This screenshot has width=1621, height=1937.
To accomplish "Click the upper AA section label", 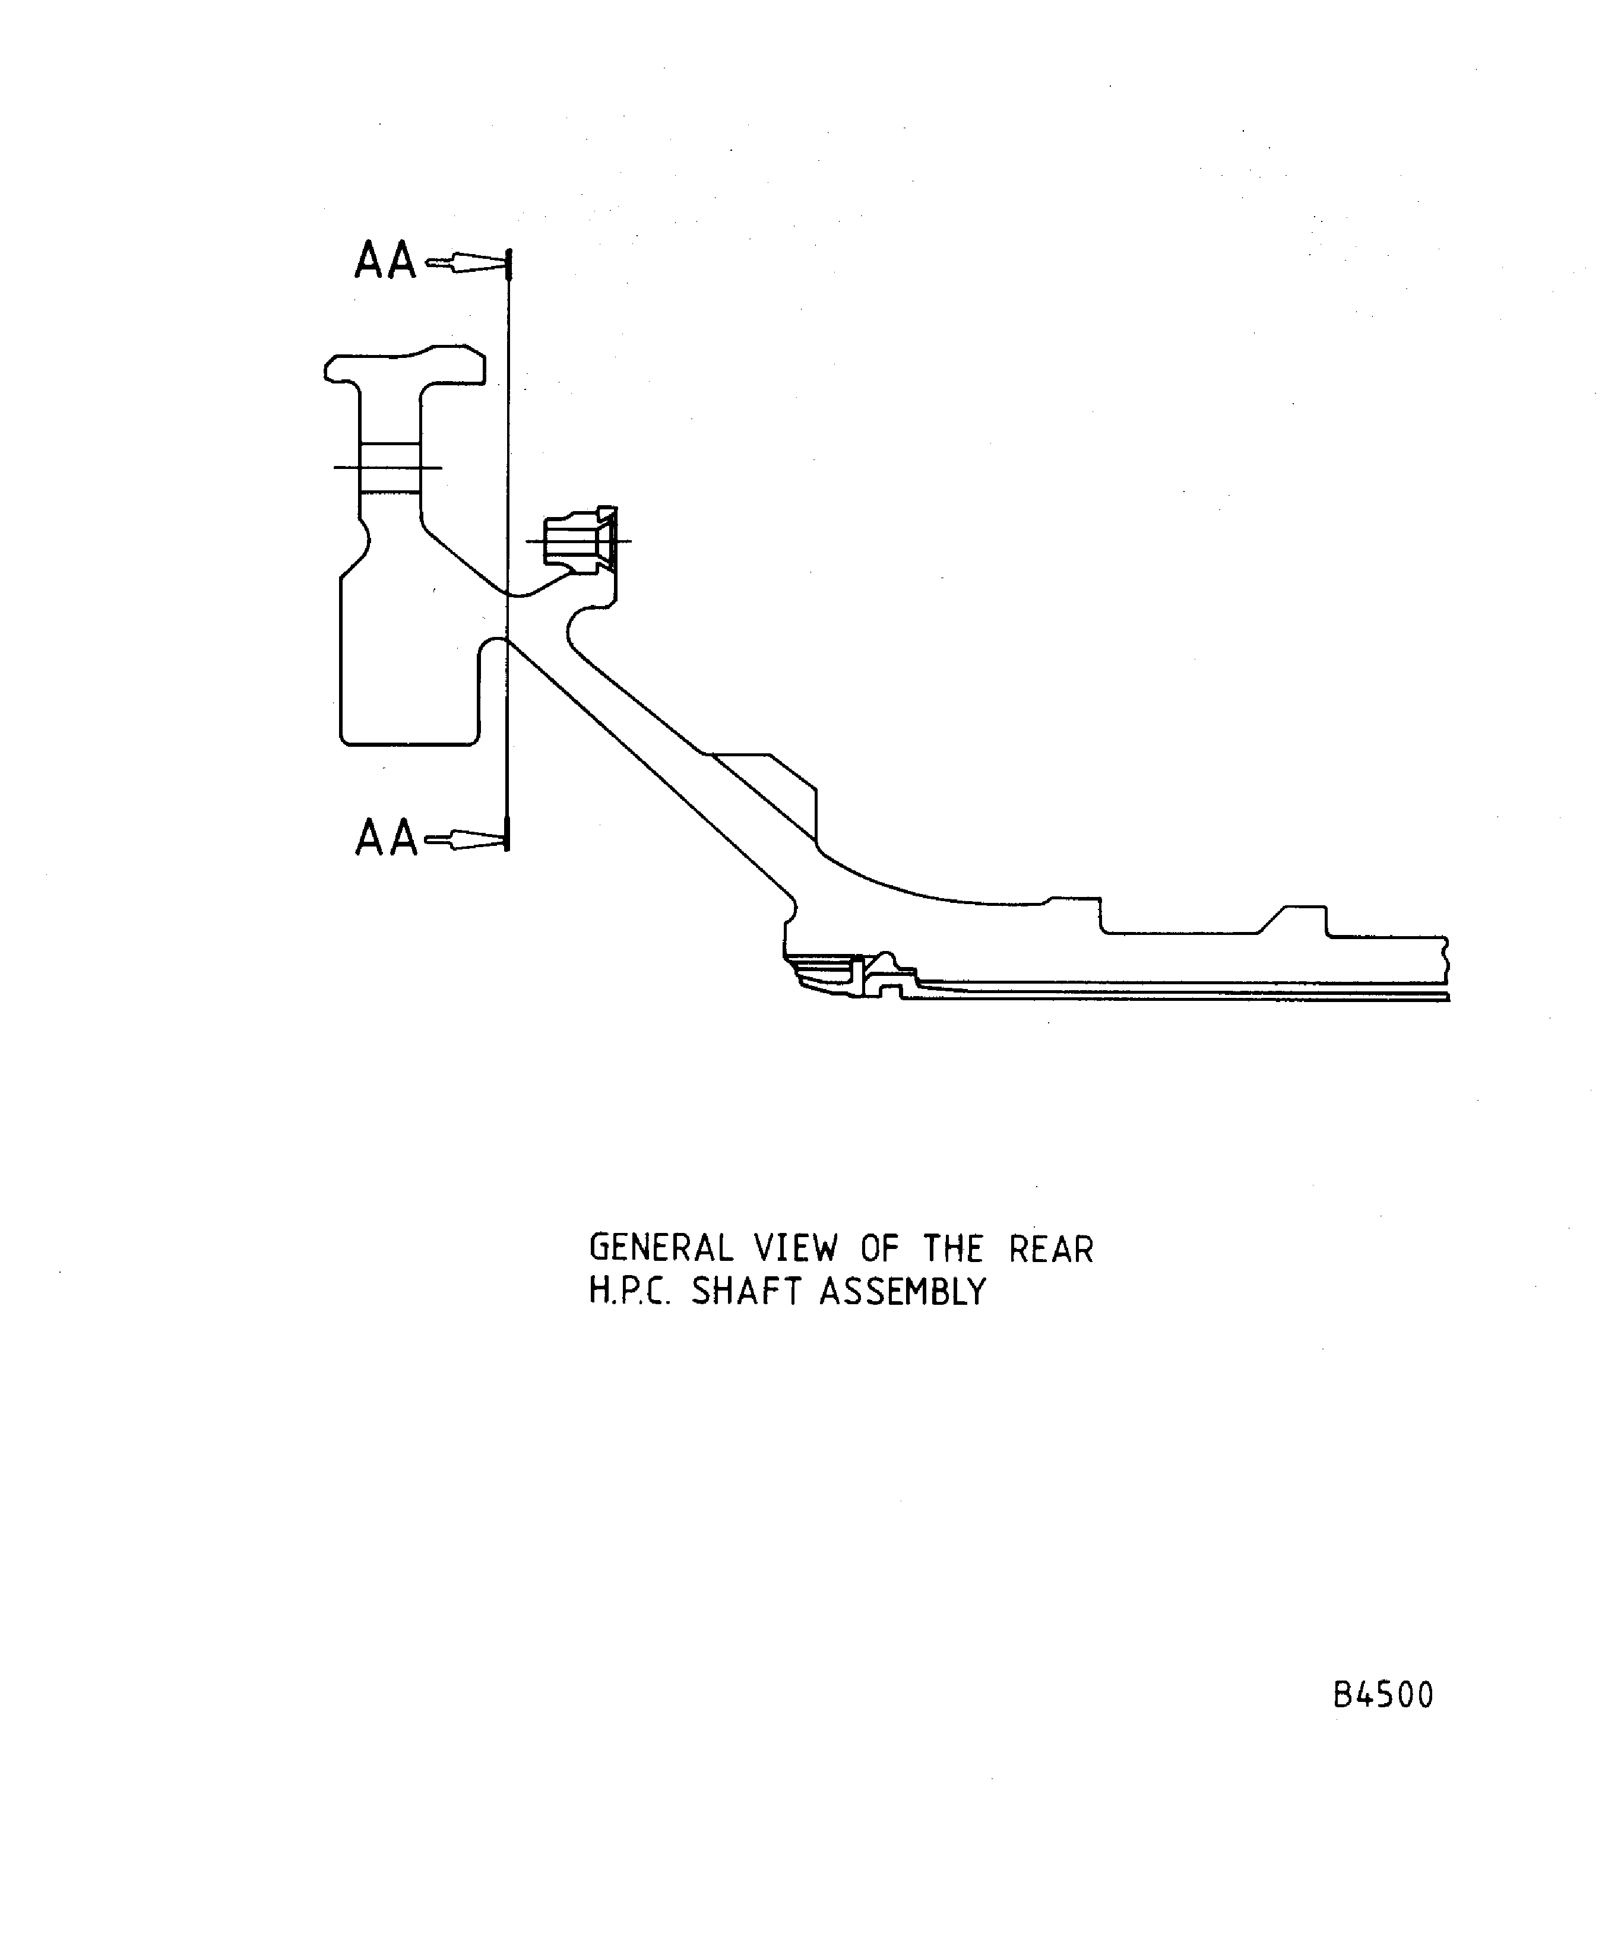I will pos(385,261).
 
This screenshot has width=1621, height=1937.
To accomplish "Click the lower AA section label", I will pos(385,838).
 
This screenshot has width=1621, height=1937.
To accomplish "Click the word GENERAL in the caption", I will pos(661,1249).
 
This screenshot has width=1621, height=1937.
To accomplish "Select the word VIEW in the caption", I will pos(795,1249).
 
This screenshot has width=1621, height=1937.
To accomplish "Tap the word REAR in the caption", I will pos(1051,1249).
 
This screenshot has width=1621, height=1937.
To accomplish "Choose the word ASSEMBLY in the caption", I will pos(903,1291).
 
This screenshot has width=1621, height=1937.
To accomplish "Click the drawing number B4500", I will pos(1383,1695).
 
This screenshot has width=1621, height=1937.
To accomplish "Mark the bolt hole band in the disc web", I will pos(388,468).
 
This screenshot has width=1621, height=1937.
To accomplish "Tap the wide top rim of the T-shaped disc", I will pos(406,366).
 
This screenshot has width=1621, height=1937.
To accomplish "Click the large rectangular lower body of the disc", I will pos(406,664).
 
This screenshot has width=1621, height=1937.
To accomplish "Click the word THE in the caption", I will pos(953,1249).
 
